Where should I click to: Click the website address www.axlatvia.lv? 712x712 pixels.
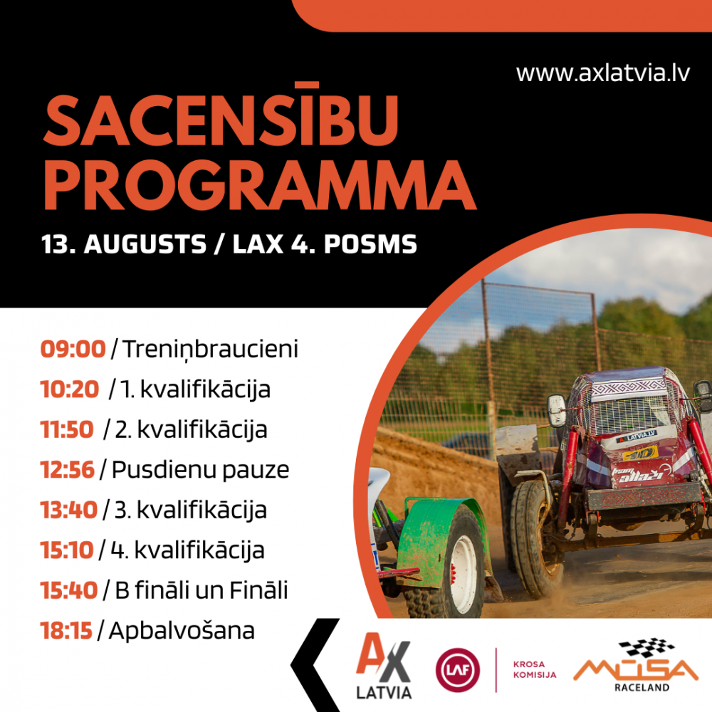(602, 73)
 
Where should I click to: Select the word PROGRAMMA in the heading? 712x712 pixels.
(259, 185)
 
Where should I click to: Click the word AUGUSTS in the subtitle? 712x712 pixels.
(145, 244)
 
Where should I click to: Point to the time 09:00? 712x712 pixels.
(73, 349)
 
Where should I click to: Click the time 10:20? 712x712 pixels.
(70, 389)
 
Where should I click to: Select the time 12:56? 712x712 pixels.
(67, 469)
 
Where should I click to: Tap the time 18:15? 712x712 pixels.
(66, 631)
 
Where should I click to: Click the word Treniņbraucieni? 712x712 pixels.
(210, 350)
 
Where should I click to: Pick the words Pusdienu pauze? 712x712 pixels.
(200, 470)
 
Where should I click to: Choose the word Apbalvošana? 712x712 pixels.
(182, 631)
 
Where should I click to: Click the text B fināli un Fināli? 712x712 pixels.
(201, 590)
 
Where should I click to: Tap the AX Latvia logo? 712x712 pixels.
(384, 666)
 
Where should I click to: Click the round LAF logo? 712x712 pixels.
(457, 670)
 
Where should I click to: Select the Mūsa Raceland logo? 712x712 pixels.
(636, 665)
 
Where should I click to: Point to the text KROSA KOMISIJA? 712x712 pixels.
(535, 669)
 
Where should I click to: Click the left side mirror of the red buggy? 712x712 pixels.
(557, 411)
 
